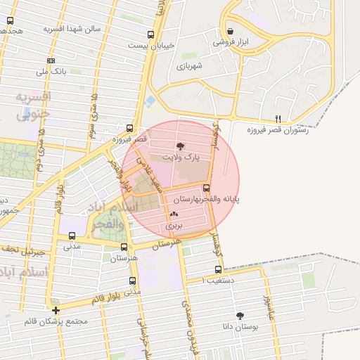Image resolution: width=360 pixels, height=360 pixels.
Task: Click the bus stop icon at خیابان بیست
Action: click(150, 35)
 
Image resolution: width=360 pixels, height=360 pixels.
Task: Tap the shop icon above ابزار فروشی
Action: click(231, 31)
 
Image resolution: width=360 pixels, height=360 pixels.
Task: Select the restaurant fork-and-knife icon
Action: click(278, 119)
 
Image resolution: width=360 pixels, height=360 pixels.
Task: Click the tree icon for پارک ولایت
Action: click(181, 146)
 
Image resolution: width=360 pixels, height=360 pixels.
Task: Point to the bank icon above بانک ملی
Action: click(50, 61)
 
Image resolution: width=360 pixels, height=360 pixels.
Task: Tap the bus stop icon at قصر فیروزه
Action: click(129, 129)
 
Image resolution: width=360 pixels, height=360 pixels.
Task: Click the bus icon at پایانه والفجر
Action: click(206, 188)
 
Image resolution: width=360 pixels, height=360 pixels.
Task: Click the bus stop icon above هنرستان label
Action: click(124, 247)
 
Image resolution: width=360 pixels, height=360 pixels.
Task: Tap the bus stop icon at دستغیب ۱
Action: click(218, 269)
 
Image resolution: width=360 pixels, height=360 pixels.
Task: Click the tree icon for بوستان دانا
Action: click(240, 316)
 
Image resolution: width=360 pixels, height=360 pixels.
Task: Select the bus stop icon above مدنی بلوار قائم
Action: click(132, 281)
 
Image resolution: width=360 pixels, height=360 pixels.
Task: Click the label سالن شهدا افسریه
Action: click(72, 30)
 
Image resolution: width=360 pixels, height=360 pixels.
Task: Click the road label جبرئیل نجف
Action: click(22, 250)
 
